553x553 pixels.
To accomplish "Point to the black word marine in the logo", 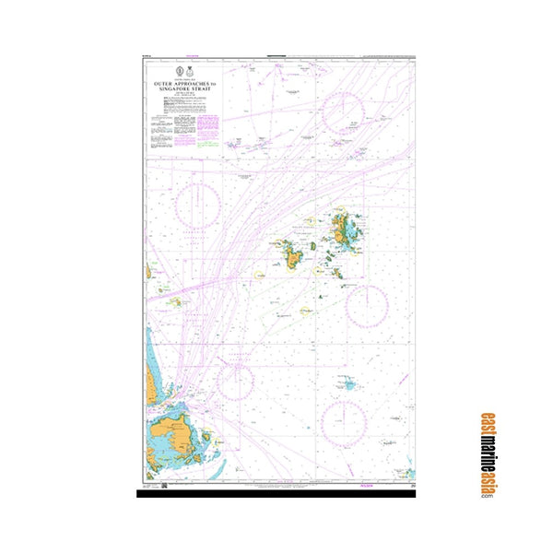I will pos(486,447).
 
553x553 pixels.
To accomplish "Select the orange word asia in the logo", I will pos(486,480).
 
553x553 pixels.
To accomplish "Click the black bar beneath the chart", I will pos(276,494).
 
